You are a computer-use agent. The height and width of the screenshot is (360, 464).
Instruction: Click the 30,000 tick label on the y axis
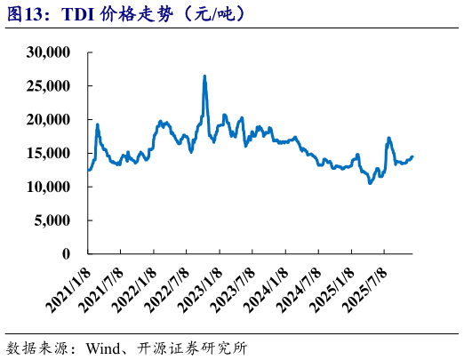click(x=50, y=52)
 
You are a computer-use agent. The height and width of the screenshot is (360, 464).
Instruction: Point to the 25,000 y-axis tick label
click(x=50, y=86)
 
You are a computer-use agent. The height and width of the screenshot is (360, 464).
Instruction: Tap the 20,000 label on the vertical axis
click(x=50, y=120)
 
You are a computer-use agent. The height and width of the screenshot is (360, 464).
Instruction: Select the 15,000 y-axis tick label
click(x=50, y=154)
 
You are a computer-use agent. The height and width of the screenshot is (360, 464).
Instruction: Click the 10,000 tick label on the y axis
click(x=50, y=188)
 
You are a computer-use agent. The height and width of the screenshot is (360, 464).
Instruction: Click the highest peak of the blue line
click(x=205, y=76)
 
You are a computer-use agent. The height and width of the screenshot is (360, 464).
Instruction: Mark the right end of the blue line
click(x=412, y=156)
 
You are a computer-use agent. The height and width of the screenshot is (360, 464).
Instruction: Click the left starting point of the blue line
click(x=88, y=170)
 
